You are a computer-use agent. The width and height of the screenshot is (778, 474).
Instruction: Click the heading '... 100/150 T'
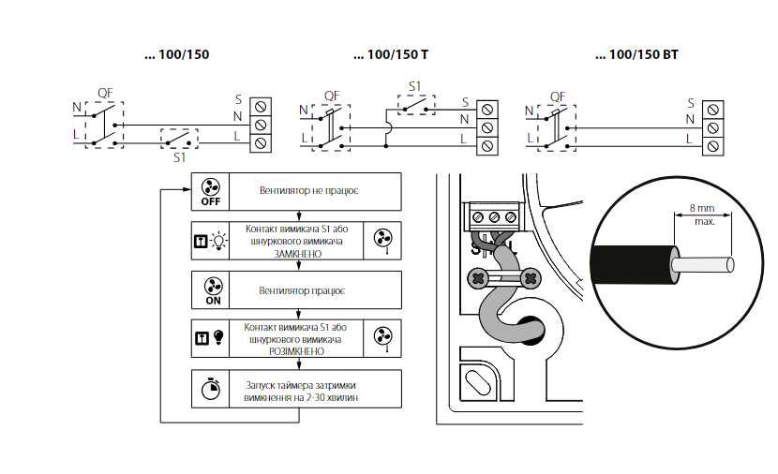pyautogui.click(x=390, y=55)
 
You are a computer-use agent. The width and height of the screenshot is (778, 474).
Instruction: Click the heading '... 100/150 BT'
pyautogui.click(x=636, y=55)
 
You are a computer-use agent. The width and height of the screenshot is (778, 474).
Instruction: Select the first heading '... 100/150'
pyautogui.click(x=177, y=55)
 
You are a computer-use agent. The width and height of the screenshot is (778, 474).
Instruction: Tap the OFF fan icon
pyautogui.click(x=210, y=189)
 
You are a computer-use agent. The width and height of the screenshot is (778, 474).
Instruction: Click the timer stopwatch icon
pyautogui.click(x=210, y=387)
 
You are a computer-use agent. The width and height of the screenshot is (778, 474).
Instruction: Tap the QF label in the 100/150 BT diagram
pyautogui.click(x=557, y=96)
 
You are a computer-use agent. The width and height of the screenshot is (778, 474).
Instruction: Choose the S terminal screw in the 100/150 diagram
pyautogui.click(x=262, y=105)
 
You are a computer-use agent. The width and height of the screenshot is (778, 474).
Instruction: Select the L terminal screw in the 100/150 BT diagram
pyautogui.click(x=713, y=144)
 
